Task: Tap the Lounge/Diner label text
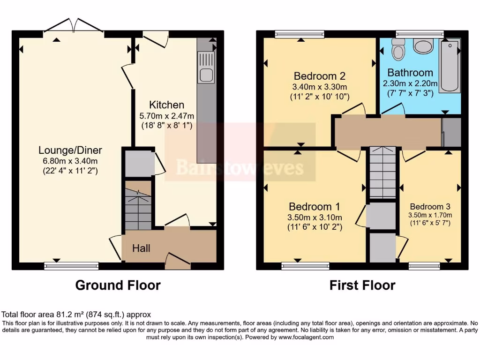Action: (x=70, y=150)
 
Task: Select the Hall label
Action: (x=141, y=248)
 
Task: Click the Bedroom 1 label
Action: (x=314, y=207)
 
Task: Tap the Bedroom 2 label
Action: (x=319, y=76)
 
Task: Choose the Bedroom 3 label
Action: (x=430, y=207)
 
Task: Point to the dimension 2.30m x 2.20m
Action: (x=410, y=83)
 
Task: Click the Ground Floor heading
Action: (x=118, y=285)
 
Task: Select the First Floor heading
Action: (x=362, y=285)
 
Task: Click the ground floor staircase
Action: (x=138, y=206)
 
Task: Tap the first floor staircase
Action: (x=383, y=172)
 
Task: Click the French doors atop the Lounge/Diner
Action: (x=73, y=27)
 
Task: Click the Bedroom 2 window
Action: (x=299, y=33)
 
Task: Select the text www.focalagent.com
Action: (x=306, y=337)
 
